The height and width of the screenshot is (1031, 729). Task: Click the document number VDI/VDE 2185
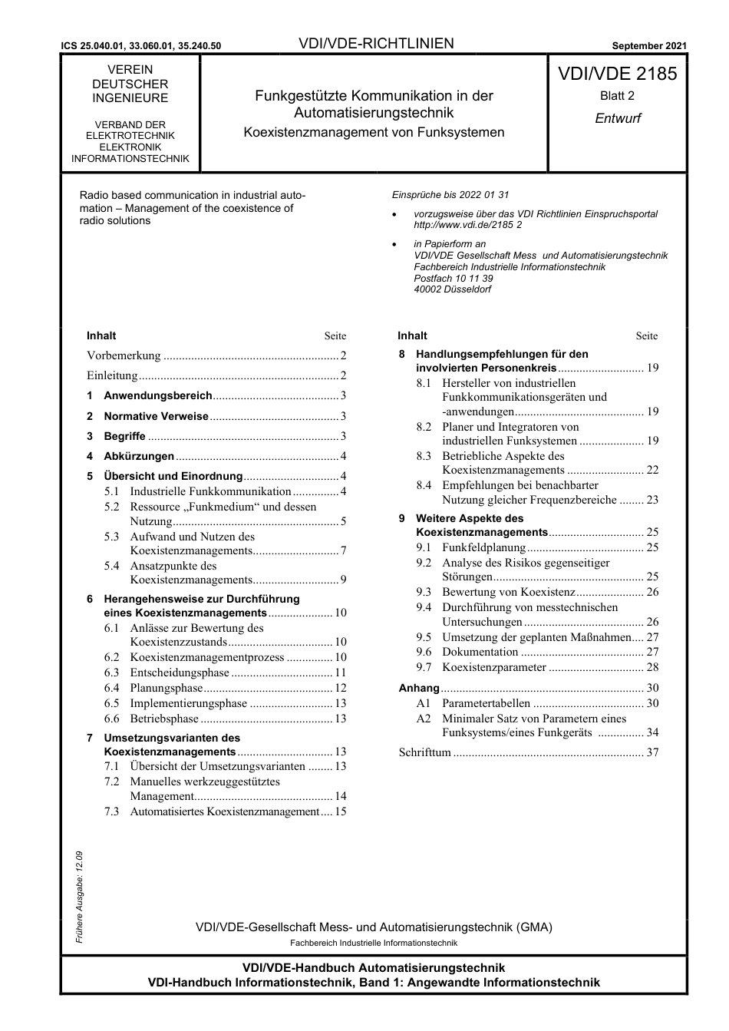tap(617, 74)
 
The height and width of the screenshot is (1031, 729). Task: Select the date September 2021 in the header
tap(649, 46)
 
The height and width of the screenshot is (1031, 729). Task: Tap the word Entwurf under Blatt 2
tap(617, 118)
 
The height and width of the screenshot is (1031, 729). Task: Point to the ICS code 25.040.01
tap(116, 46)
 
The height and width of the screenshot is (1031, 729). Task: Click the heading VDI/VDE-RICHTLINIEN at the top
tap(376, 44)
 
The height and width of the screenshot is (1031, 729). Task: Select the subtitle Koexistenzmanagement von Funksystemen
tap(374, 132)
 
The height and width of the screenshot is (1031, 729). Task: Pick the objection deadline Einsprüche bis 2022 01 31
tap(450, 195)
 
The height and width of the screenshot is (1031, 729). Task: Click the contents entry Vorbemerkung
tap(124, 355)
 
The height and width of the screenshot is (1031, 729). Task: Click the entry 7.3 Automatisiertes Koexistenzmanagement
tap(224, 811)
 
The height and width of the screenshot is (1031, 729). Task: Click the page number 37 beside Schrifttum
tap(651, 752)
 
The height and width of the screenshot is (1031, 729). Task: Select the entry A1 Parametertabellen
tap(485, 703)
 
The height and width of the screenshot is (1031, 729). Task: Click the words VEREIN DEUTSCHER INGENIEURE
tap(130, 84)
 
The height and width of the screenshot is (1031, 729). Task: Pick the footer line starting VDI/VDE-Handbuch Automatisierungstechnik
tap(374, 968)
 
